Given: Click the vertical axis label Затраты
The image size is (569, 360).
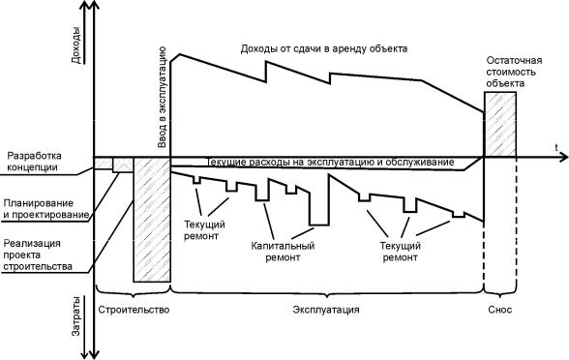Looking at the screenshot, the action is tap(76, 316).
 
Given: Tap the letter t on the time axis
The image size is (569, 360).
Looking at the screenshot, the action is tap(555, 148).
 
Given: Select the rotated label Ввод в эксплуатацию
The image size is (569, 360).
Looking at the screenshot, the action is tap(162, 97).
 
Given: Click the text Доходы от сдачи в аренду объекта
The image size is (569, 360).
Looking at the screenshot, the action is tap(323, 48).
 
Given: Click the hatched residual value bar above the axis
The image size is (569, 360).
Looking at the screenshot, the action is tap(500, 124).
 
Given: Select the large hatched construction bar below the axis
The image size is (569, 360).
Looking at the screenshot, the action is tap(152, 220).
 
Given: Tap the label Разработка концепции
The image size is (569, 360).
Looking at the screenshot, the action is tap(35, 162).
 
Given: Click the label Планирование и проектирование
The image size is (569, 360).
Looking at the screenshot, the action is tap(45, 209).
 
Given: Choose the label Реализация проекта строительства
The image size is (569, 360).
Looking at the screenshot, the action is tap(38, 255).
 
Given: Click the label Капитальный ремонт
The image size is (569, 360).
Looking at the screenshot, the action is tap(283, 252).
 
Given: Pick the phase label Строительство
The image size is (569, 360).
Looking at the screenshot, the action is tap(134, 310).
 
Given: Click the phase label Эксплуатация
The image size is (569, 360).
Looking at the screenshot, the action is tap(326, 310).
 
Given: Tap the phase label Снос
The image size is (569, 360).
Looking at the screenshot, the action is tap(499, 310).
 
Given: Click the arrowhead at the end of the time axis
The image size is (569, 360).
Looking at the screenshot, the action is tap(563, 157).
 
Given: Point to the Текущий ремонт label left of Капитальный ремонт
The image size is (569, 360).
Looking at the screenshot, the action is tap(205, 230).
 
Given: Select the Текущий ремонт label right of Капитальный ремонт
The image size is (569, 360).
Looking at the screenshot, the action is tap(400, 252).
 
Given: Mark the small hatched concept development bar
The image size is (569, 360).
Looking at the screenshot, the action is tap(104, 163).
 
